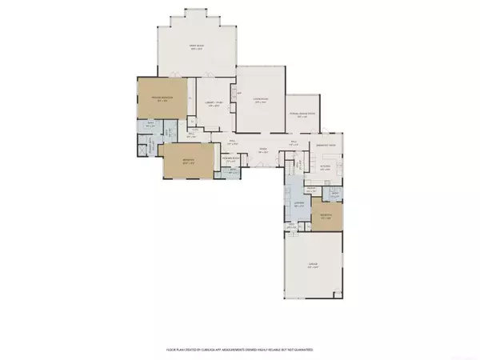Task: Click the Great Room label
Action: (197, 47)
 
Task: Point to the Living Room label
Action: (260, 99)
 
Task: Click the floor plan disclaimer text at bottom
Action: (239, 350)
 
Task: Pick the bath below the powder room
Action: (233, 171)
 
